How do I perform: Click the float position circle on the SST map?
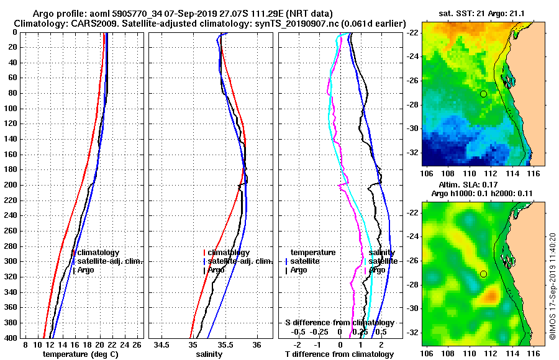coord(483,94)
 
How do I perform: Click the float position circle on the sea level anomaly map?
coord(483,274)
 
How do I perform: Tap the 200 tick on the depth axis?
coord(13,185)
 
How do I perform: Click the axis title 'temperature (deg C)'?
coord(80,354)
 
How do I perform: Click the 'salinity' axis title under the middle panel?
coord(211,354)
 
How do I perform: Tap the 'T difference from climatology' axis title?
coord(339,354)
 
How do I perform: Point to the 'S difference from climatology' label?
coord(339,323)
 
